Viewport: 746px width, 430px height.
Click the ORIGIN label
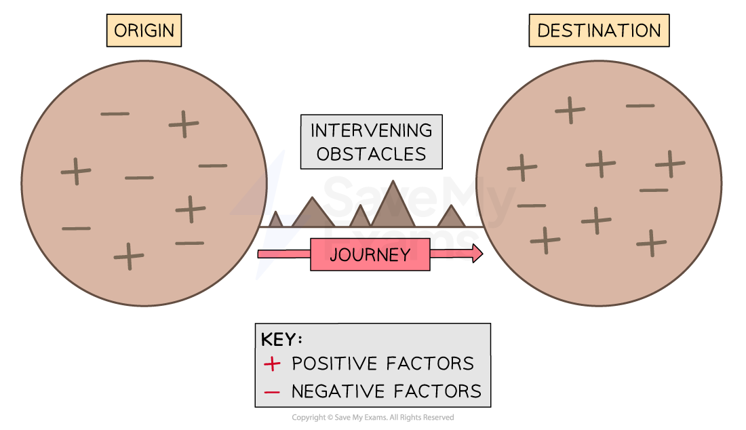[144, 31]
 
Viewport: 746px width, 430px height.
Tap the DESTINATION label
[599, 31]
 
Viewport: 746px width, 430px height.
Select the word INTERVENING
[371, 130]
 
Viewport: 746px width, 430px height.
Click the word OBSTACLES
[371, 154]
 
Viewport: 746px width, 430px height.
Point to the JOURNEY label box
[370, 254]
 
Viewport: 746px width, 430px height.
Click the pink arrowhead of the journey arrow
[477, 254]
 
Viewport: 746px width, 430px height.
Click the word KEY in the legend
[281, 340]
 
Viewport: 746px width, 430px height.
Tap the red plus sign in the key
[272, 364]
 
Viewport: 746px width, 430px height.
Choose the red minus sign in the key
[272, 392]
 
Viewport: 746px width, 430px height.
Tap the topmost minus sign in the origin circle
[115, 113]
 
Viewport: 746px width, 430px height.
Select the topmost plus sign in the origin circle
[184, 123]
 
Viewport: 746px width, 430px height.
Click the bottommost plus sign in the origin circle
[129, 256]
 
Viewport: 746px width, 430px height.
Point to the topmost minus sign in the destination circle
[640, 106]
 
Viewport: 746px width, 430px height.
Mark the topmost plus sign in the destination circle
[570, 109]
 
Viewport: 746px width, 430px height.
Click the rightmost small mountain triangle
[451, 217]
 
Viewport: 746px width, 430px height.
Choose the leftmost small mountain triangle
[275, 220]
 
